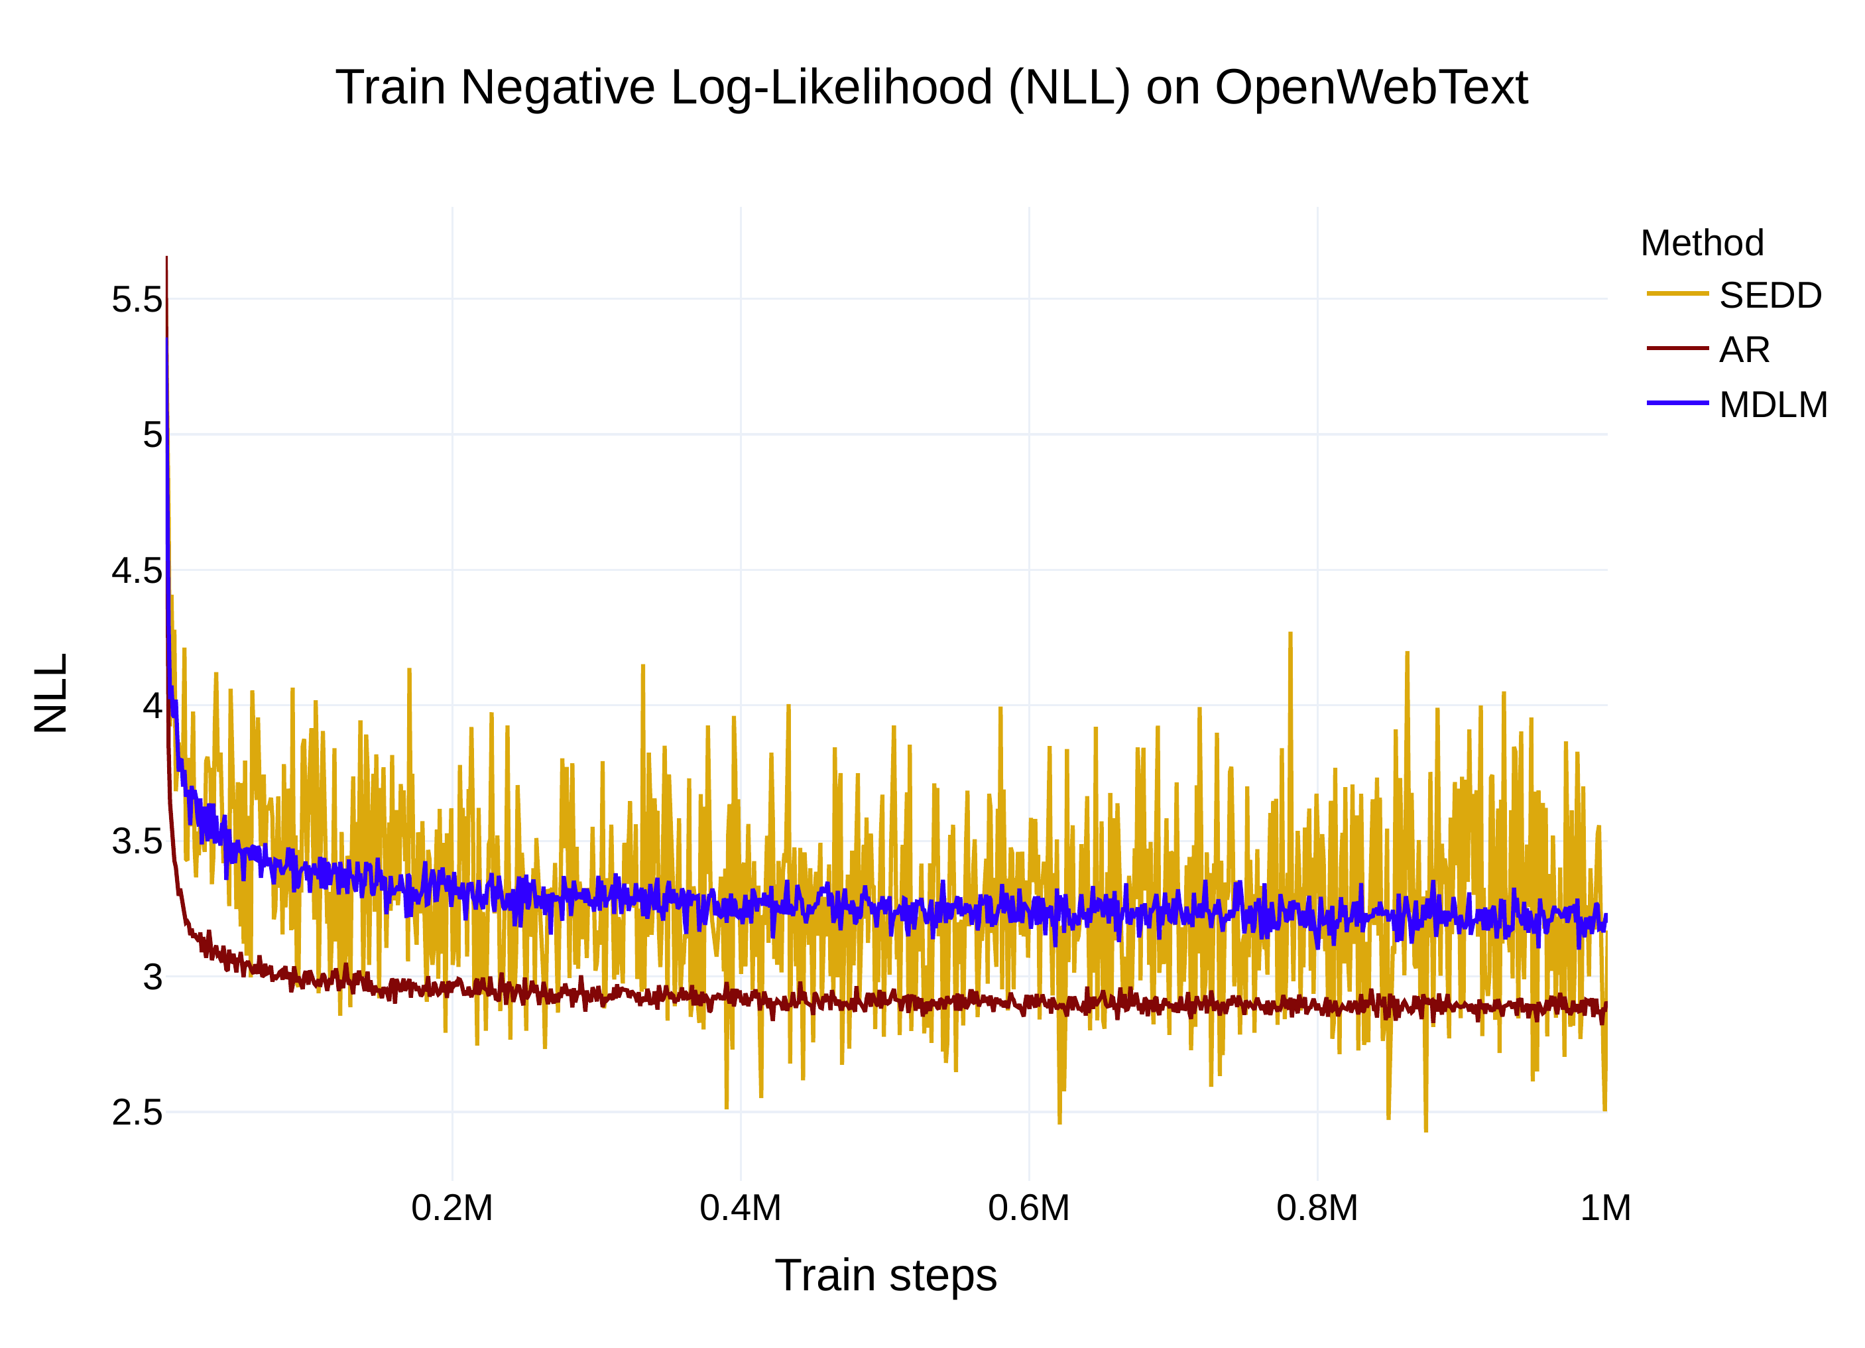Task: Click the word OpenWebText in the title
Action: click(x=1371, y=87)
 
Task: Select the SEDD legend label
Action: click(x=1770, y=295)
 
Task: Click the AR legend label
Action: click(x=1744, y=350)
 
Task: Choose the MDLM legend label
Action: click(x=1773, y=404)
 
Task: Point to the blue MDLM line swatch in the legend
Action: click(x=1677, y=403)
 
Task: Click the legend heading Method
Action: click(x=1701, y=243)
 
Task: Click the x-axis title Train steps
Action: click(x=886, y=1276)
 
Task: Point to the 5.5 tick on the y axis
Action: click(x=137, y=300)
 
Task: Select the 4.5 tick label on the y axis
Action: click(x=137, y=571)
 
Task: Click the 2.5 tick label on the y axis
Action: click(x=137, y=1113)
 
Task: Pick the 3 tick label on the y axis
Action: click(x=153, y=977)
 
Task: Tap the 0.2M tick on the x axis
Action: click(x=451, y=1208)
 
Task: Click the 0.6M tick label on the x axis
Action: click(x=1029, y=1208)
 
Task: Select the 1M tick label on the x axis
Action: click(x=1605, y=1208)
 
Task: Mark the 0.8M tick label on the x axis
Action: click(x=1317, y=1208)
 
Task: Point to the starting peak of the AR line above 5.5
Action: click(x=167, y=259)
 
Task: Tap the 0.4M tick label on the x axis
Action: click(x=740, y=1208)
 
